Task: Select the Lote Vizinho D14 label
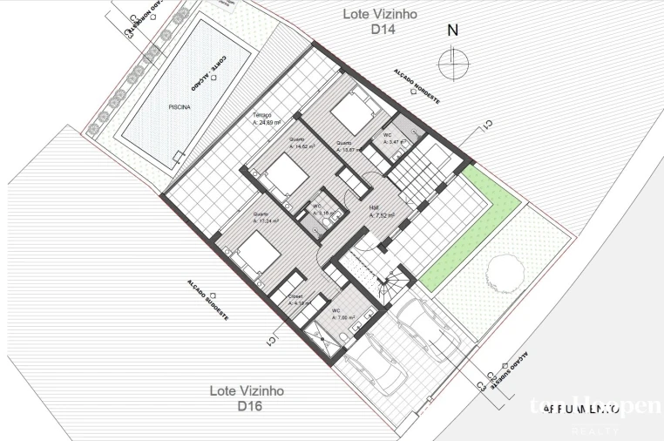382,21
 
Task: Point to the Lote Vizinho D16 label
247,398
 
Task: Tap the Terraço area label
263,119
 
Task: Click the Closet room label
296,300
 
